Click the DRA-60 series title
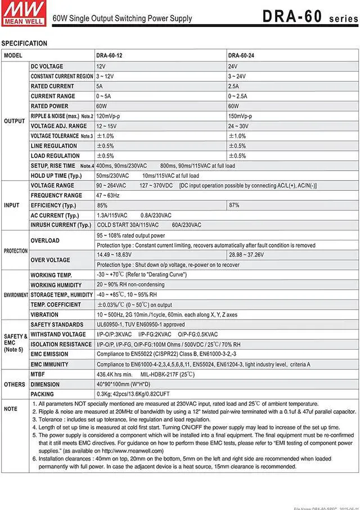(x=309, y=16)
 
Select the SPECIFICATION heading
(x=24, y=43)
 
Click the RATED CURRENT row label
(x=52, y=86)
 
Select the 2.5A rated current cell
(x=233, y=86)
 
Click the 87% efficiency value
(x=235, y=205)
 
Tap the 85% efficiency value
(x=102, y=205)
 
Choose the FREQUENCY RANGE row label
(x=56, y=195)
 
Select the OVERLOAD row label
(x=45, y=240)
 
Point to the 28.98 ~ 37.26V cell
(x=246, y=255)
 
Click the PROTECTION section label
(x=15, y=250)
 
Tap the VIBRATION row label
(x=44, y=315)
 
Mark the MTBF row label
(x=38, y=374)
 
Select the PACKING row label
(x=42, y=394)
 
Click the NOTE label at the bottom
(x=10, y=409)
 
